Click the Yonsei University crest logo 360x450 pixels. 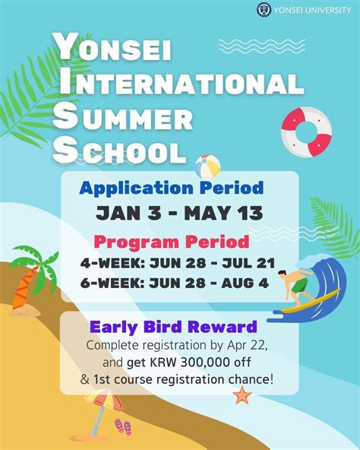point(264,10)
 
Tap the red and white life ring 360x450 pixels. point(306,131)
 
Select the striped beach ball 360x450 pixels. point(207,166)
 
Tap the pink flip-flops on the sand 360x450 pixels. point(123,426)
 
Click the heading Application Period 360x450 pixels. point(172,187)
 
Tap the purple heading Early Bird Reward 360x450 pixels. point(173,328)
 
